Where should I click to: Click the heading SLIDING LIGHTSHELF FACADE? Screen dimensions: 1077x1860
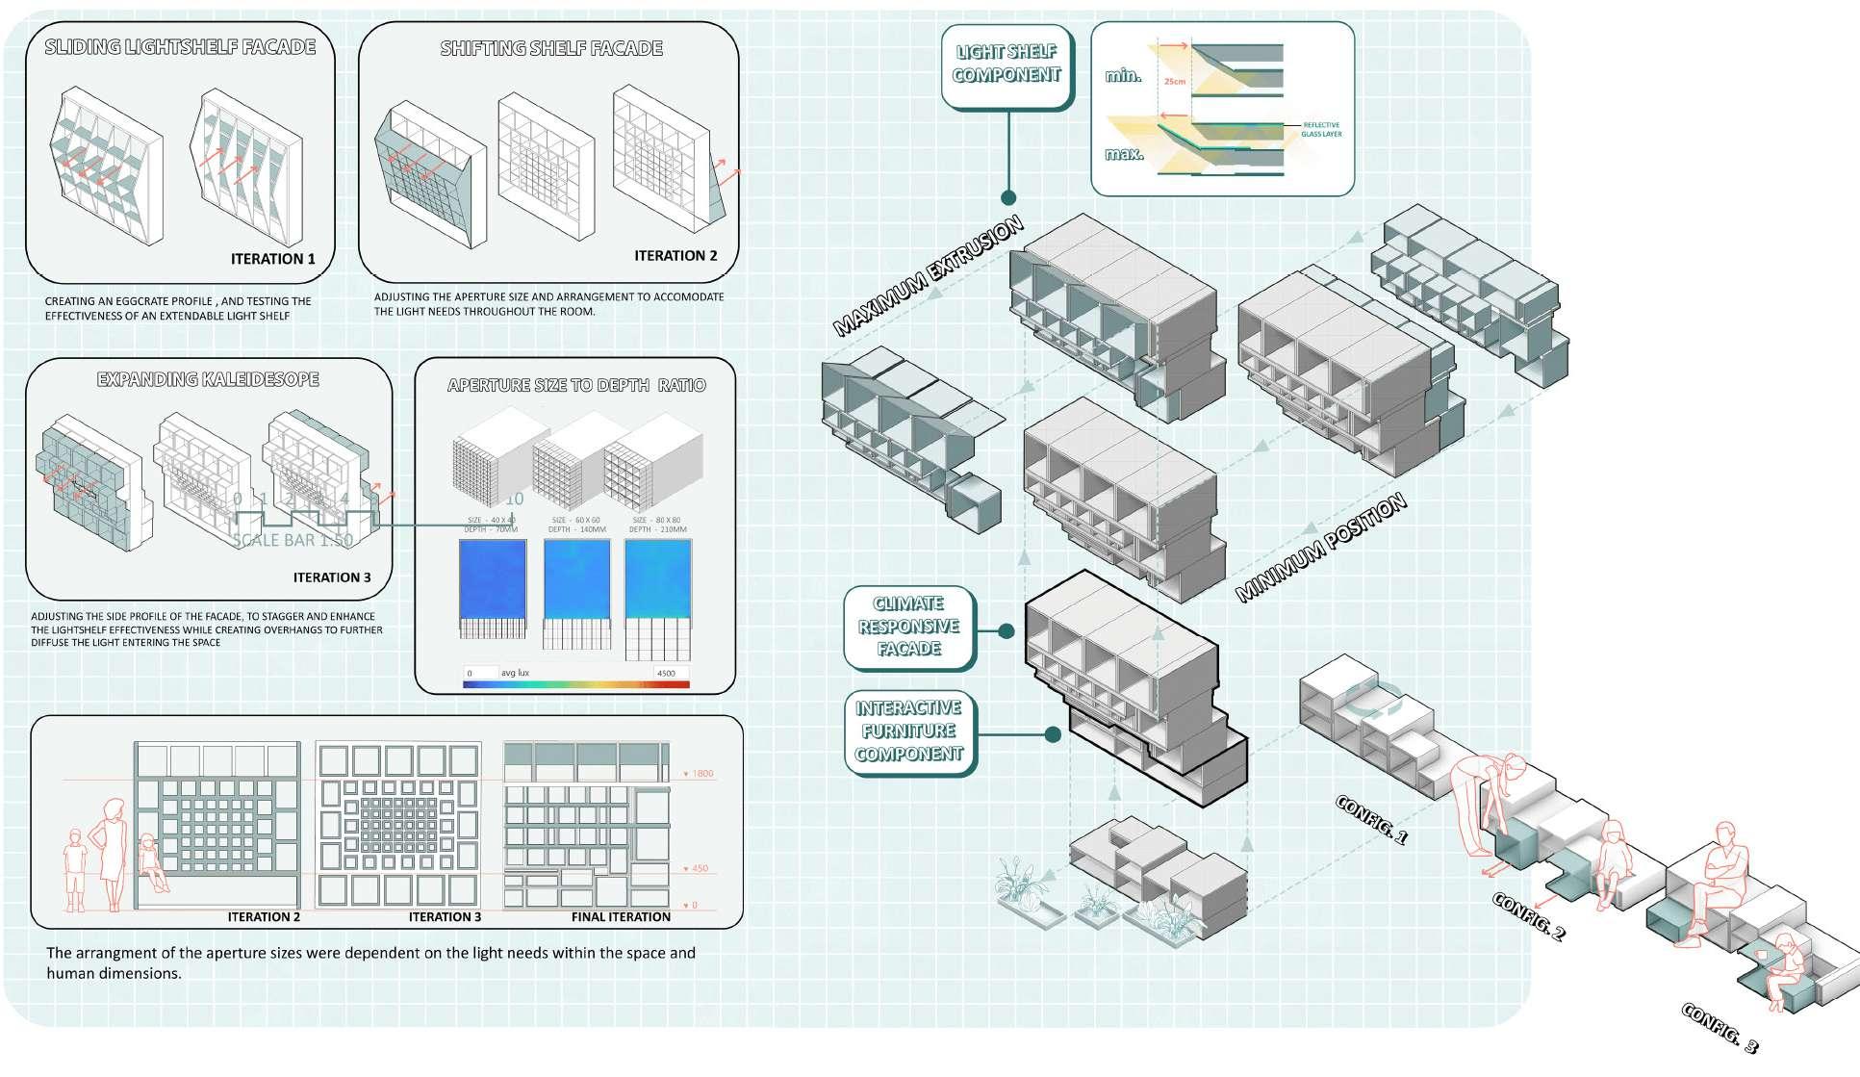click(180, 47)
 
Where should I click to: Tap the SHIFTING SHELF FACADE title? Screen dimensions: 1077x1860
click(551, 48)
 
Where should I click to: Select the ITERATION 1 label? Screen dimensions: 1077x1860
click(272, 259)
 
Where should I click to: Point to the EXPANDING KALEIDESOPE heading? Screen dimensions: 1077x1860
click(208, 379)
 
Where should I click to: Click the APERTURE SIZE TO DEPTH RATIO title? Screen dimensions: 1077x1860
click(576, 386)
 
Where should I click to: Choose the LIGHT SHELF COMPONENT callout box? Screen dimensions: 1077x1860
click(1006, 64)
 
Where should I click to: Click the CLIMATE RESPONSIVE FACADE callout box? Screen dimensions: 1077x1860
click(908, 627)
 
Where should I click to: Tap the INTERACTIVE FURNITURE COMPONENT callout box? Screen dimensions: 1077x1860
click(908, 731)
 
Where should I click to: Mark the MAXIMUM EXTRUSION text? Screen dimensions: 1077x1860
click(928, 277)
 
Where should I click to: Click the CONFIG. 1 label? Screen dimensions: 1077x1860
click(1371, 820)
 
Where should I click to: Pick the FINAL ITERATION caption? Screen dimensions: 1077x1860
click(621, 917)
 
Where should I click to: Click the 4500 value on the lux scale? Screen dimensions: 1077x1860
click(666, 673)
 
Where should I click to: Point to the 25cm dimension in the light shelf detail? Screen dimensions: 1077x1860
click(1174, 82)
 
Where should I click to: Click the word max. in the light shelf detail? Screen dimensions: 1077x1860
click(1123, 153)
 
